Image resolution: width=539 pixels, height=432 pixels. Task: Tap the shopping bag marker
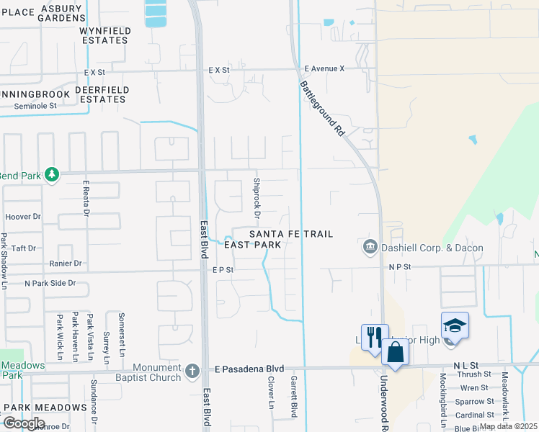pyautogui.click(x=396, y=352)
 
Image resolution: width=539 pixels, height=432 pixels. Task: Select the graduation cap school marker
pyautogui.click(x=455, y=325)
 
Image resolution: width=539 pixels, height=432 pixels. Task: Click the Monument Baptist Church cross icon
pyautogui.click(x=192, y=371)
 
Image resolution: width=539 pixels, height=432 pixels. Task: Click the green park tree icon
pyautogui.click(x=51, y=175)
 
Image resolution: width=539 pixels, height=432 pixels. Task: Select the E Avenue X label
pyautogui.click(x=324, y=68)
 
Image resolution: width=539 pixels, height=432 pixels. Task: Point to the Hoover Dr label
pyautogui.click(x=23, y=216)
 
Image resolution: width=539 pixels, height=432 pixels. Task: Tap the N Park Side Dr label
pyautogui.click(x=50, y=283)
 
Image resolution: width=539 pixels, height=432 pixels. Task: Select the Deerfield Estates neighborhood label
pyautogui.click(x=102, y=94)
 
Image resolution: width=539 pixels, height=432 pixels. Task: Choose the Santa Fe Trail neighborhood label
pyautogui.click(x=291, y=235)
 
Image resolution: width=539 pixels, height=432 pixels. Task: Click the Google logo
pyautogui.click(x=24, y=423)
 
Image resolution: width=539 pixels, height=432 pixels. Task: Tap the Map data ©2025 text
pyautogui.click(x=507, y=426)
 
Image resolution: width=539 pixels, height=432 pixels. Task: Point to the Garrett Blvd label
pyautogui.click(x=293, y=396)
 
